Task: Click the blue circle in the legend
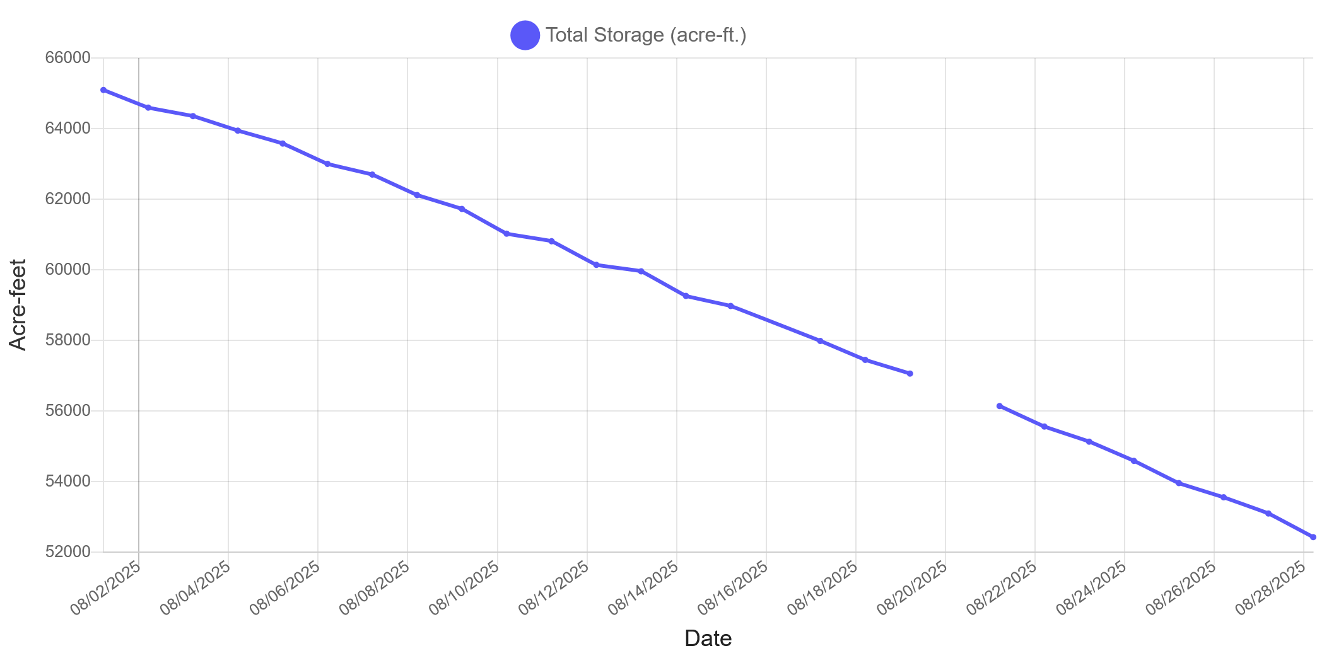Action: [x=525, y=35]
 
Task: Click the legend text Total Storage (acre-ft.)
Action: [x=646, y=35]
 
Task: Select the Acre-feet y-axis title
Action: [x=18, y=304]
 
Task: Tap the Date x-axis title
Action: [x=708, y=638]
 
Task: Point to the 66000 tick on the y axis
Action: [x=67, y=58]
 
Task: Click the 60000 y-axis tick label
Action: [x=67, y=270]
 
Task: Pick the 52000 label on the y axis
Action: [x=67, y=552]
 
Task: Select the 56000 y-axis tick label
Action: [x=67, y=411]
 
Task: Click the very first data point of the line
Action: [x=103, y=90]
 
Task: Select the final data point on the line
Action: [x=1313, y=537]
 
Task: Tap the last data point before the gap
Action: [x=910, y=374]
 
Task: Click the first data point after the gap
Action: [x=1000, y=406]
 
